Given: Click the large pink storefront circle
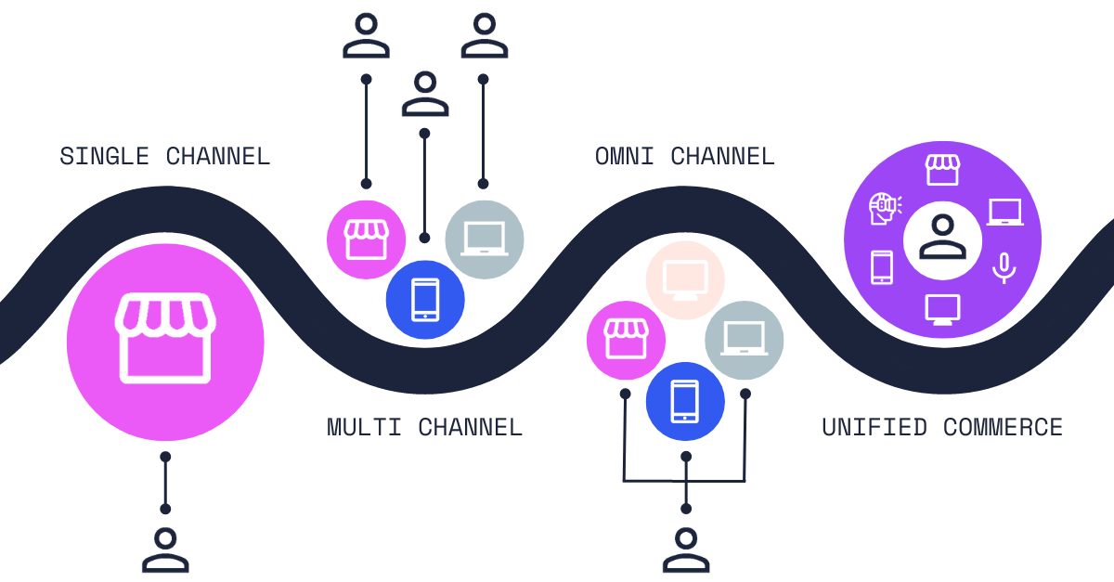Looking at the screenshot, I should point(165,342).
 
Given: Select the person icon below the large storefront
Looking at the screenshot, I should point(165,550).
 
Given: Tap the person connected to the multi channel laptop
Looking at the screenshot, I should point(483,36).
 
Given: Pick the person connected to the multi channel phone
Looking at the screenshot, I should point(425,95).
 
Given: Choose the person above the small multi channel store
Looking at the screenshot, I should point(366,36).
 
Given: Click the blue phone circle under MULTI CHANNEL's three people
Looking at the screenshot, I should point(425,299).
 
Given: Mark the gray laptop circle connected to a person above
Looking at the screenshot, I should point(485,239).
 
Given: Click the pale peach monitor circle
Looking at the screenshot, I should point(685,278).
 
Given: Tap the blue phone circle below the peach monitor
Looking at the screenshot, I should point(685,401).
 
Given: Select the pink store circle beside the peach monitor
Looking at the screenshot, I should point(626,341).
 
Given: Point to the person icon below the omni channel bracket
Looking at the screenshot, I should point(685,550).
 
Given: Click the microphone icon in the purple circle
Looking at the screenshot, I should point(1003,267).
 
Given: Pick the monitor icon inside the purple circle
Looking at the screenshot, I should point(942,309).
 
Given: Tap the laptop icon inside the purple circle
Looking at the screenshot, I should point(1004,213).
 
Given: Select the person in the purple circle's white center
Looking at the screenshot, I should point(942,239).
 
